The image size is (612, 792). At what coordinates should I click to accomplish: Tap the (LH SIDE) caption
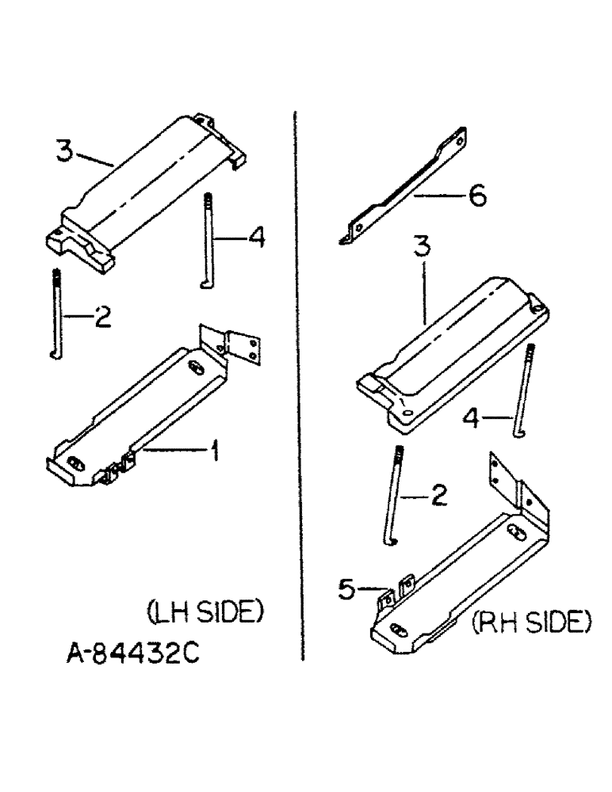[205, 612]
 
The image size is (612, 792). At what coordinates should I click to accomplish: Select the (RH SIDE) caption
[532, 624]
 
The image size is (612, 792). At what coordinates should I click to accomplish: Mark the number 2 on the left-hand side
[101, 318]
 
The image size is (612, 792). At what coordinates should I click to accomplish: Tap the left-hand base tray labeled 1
[143, 412]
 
